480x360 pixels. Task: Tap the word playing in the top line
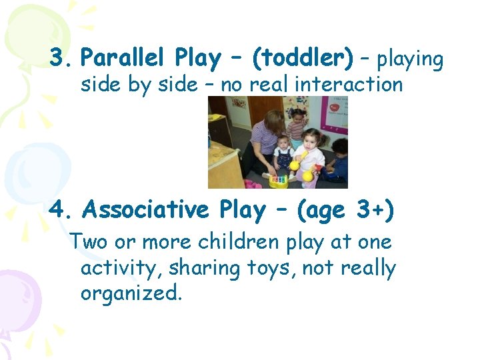[x=410, y=60]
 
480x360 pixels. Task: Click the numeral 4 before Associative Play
[x=57, y=210]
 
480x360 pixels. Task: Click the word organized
[x=131, y=293]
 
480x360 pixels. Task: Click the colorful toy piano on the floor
[x=279, y=179]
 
